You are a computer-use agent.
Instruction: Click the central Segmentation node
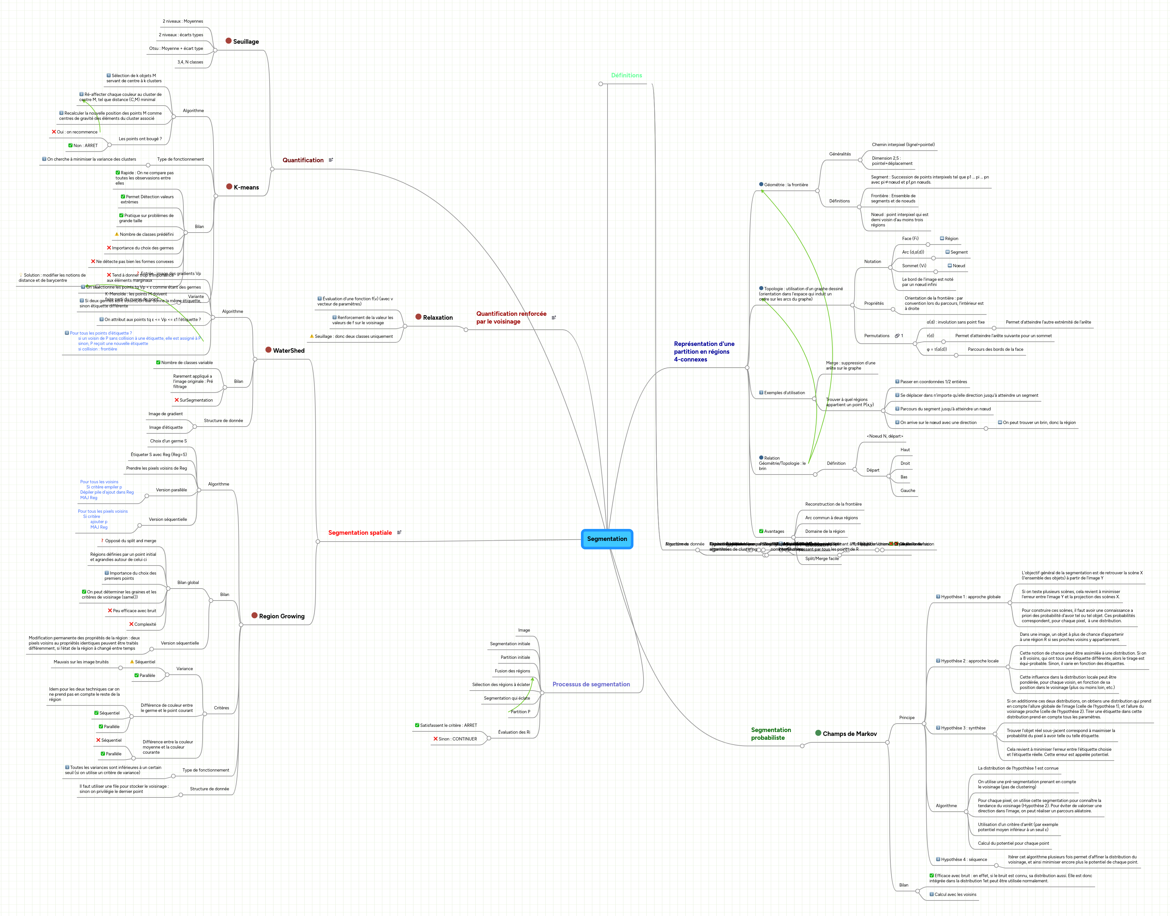click(607, 539)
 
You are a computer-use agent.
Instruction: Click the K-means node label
click(246, 187)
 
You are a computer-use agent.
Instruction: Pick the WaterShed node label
click(289, 351)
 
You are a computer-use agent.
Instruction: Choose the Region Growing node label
click(282, 616)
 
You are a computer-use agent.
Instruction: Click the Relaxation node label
click(438, 317)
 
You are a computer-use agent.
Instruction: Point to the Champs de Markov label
click(850, 734)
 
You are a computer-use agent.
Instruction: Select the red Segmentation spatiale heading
click(360, 532)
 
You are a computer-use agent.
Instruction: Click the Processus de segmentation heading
click(591, 684)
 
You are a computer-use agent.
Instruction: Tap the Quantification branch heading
click(303, 160)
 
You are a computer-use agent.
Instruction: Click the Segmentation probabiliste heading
click(771, 734)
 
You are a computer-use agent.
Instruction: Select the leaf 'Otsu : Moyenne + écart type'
click(176, 48)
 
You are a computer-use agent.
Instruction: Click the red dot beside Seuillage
click(228, 41)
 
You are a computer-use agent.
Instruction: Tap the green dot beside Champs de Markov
click(818, 733)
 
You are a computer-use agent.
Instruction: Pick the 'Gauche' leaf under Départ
click(908, 491)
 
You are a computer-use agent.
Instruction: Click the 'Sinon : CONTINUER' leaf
click(458, 739)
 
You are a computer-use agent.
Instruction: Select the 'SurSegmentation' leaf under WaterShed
click(196, 400)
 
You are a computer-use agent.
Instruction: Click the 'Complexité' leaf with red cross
click(145, 624)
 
